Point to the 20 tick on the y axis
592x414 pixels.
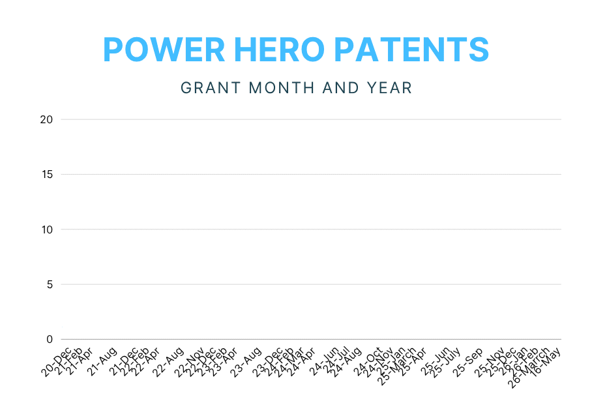(x=46, y=119)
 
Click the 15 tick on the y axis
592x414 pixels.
(x=46, y=174)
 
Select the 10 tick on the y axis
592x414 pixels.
(x=46, y=229)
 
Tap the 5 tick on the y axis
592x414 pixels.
(x=49, y=284)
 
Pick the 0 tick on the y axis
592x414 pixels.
(x=49, y=339)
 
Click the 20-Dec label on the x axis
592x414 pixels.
(x=57, y=361)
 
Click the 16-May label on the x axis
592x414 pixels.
(x=546, y=361)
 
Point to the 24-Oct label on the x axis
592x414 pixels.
(x=368, y=361)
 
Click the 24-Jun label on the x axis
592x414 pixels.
(x=324, y=361)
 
